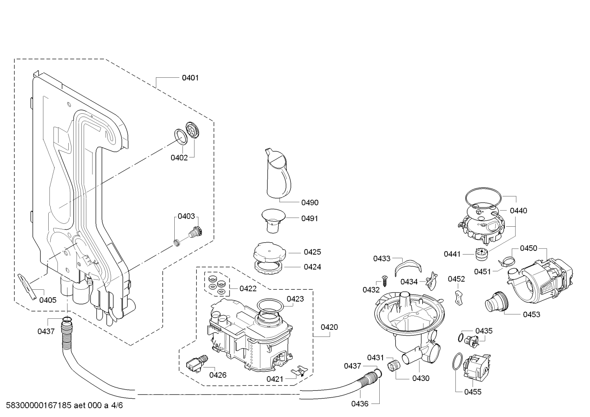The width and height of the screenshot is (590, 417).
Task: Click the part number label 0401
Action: (190, 78)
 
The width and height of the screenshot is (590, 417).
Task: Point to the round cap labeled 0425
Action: (270, 252)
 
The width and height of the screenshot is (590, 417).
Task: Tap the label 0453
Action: (531, 314)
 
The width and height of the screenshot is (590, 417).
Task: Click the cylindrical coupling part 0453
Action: (497, 302)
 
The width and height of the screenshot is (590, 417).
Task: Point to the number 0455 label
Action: (473, 392)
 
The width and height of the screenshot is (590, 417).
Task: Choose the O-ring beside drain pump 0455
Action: (457, 361)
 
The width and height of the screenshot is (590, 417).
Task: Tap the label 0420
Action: (329, 327)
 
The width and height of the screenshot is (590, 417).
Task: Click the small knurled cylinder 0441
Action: (481, 254)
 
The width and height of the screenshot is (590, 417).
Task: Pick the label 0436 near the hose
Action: (360, 403)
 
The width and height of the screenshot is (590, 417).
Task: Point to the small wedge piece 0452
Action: (459, 298)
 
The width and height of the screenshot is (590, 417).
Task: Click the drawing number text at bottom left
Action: (64, 405)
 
